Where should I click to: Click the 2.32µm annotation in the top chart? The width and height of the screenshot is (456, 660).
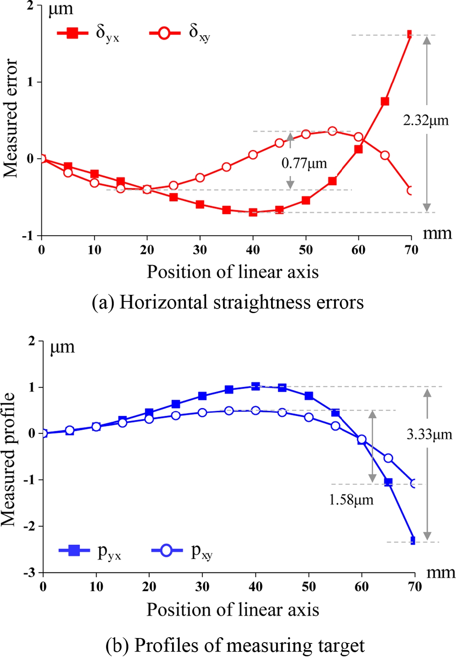point(426,121)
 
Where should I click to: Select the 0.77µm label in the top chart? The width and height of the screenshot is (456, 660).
point(304,163)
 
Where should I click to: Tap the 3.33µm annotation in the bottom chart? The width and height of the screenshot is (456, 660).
point(429,434)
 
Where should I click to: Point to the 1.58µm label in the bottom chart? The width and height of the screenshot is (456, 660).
point(351,500)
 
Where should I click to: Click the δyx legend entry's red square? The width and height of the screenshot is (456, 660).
point(72,33)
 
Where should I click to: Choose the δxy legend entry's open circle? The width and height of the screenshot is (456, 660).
point(164,33)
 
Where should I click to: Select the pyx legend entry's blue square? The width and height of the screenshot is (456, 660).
point(74,550)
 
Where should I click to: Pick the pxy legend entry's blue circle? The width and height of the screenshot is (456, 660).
point(166,550)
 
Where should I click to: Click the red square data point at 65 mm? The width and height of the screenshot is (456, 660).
point(385,101)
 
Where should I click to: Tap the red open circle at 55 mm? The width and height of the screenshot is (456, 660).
point(332,131)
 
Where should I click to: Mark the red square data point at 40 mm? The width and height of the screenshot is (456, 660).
point(253,212)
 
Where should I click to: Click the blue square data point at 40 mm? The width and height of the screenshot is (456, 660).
point(255,386)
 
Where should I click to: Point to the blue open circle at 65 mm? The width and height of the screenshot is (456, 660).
point(388,458)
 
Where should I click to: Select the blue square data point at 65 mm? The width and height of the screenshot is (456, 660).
point(388,482)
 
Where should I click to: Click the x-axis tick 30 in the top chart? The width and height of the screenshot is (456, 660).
point(200,250)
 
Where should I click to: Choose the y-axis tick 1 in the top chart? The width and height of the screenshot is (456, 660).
point(29,82)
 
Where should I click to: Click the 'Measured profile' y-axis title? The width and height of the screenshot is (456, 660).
point(9,459)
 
